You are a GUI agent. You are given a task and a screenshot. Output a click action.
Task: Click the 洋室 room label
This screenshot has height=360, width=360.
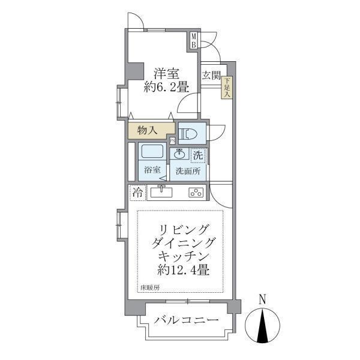[x=166, y=74]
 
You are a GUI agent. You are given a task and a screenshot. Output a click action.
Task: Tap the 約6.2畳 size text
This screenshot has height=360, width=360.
[x=166, y=88]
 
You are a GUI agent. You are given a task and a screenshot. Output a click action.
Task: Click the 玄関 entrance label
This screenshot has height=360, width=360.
[x=211, y=76]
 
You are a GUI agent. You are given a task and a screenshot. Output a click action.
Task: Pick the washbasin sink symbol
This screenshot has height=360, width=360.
[x=179, y=154]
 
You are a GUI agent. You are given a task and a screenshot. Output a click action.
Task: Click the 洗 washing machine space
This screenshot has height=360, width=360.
[x=197, y=154]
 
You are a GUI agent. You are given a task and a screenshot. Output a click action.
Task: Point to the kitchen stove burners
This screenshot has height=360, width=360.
[x=196, y=193]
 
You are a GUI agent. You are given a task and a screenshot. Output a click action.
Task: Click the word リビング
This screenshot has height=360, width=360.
[x=184, y=229]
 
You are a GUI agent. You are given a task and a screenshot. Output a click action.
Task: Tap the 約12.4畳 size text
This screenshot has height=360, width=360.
[x=184, y=270]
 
